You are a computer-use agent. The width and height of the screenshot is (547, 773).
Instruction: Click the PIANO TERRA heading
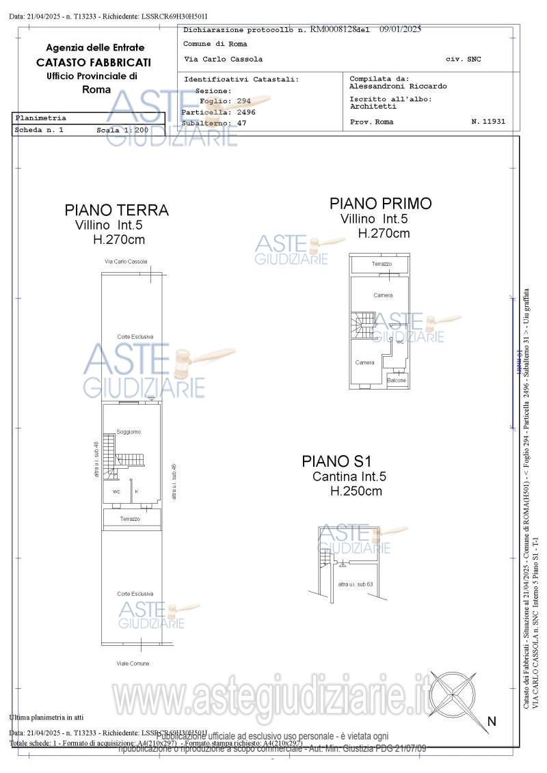click(116, 210)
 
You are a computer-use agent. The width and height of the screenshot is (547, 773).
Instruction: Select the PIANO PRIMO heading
click(380, 203)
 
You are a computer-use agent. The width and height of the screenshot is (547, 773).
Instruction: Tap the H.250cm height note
click(356, 491)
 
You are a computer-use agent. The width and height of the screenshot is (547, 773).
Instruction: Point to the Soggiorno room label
click(129, 432)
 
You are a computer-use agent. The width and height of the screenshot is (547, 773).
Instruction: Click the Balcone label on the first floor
click(397, 380)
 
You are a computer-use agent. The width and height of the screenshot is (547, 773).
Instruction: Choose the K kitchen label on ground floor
click(137, 491)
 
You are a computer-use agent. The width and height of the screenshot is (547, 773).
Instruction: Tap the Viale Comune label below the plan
click(133, 663)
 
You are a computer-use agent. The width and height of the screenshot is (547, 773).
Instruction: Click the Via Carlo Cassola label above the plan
click(126, 262)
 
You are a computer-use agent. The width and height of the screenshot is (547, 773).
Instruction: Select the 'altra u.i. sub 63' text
click(355, 584)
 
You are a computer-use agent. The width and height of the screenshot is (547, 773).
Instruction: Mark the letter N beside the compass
click(491, 721)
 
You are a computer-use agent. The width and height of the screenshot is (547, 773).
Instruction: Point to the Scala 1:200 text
click(122, 130)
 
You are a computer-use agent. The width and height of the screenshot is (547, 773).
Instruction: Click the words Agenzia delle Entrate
click(95, 48)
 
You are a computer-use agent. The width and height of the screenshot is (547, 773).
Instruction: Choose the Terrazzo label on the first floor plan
click(382, 264)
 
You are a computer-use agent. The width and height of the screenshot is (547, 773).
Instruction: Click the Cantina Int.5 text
click(349, 476)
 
